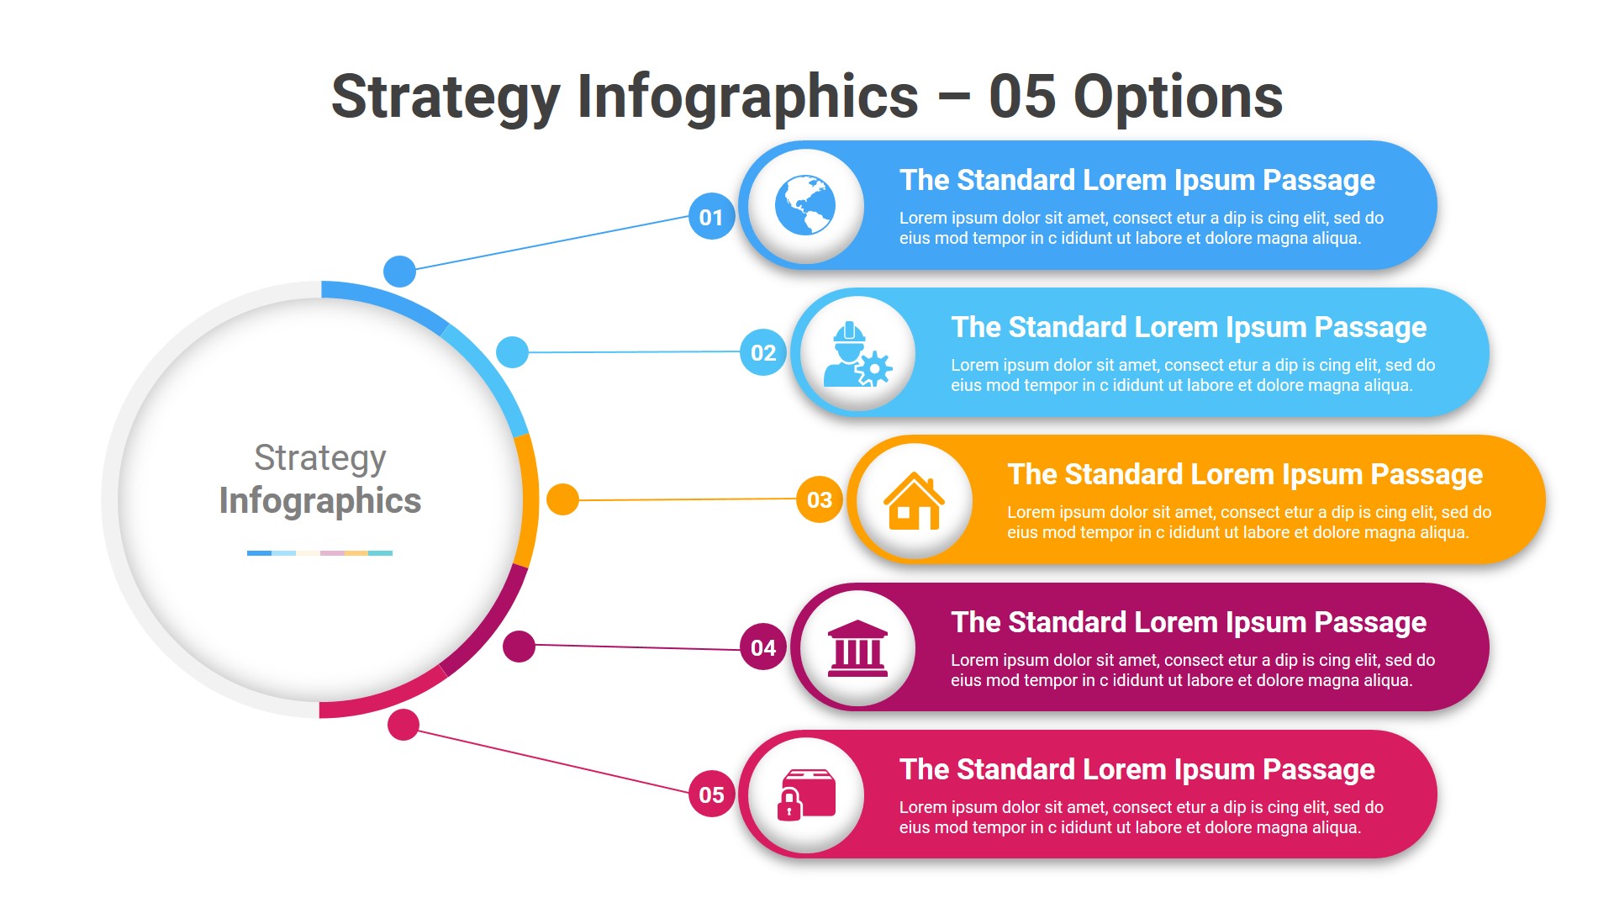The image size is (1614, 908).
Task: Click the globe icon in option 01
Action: [805, 206]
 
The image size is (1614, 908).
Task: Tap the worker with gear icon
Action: [857, 354]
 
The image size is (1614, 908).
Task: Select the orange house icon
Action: [914, 501]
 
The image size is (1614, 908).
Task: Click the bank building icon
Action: [857, 648]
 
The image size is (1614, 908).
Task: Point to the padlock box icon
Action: [805, 794]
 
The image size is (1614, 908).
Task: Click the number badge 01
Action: [711, 217]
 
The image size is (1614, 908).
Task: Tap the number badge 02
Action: [763, 352]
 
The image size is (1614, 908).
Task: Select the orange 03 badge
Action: [820, 499]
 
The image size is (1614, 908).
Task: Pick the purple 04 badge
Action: [763, 647]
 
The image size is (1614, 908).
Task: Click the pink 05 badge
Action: [711, 794]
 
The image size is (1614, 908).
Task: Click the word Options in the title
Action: [1178, 97]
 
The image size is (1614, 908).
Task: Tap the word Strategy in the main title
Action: [446, 98]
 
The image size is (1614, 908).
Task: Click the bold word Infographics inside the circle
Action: [320, 501]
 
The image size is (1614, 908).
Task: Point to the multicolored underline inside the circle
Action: [319, 553]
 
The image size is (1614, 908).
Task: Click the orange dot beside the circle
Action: [562, 499]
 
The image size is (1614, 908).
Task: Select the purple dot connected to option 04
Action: [519, 647]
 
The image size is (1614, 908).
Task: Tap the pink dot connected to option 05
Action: [403, 725]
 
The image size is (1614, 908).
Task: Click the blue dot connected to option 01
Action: [399, 271]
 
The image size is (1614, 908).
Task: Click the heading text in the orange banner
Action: [1245, 474]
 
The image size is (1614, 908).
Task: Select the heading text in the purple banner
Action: [1189, 622]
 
